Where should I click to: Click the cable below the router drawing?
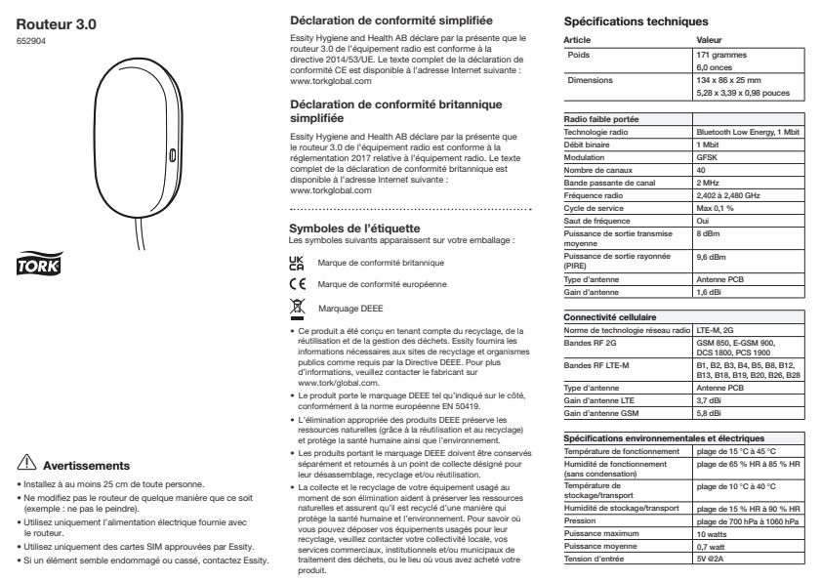tap(132, 234)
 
